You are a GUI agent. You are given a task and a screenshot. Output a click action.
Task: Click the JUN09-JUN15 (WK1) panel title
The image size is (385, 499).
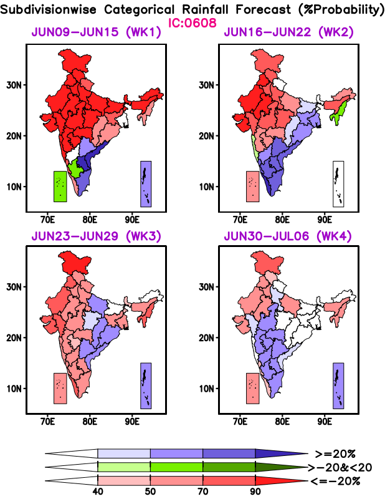[x=96, y=33]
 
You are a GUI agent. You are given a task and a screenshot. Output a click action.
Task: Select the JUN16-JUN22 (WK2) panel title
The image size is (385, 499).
[x=290, y=33]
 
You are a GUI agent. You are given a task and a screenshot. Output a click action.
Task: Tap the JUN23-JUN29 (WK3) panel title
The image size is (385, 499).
[x=96, y=236]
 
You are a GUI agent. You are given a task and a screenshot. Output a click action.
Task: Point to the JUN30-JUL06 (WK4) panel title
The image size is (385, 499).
[x=290, y=236]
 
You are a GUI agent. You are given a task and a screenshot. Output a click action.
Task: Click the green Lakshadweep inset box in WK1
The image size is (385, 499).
[x=60, y=186]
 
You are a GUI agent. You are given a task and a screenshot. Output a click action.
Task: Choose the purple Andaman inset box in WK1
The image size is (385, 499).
[x=146, y=183]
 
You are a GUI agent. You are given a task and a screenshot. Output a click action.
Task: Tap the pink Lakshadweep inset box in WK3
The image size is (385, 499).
[x=60, y=388]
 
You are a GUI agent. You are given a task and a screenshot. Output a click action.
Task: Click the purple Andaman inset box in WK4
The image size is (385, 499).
[x=338, y=385]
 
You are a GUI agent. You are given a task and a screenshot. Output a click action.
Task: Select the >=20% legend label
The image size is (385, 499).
[x=335, y=453]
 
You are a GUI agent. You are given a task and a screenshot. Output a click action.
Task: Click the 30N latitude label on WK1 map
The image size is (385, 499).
[x=15, y=84]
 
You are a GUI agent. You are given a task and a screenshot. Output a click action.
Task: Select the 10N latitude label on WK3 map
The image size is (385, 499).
[x=15, y=388]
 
